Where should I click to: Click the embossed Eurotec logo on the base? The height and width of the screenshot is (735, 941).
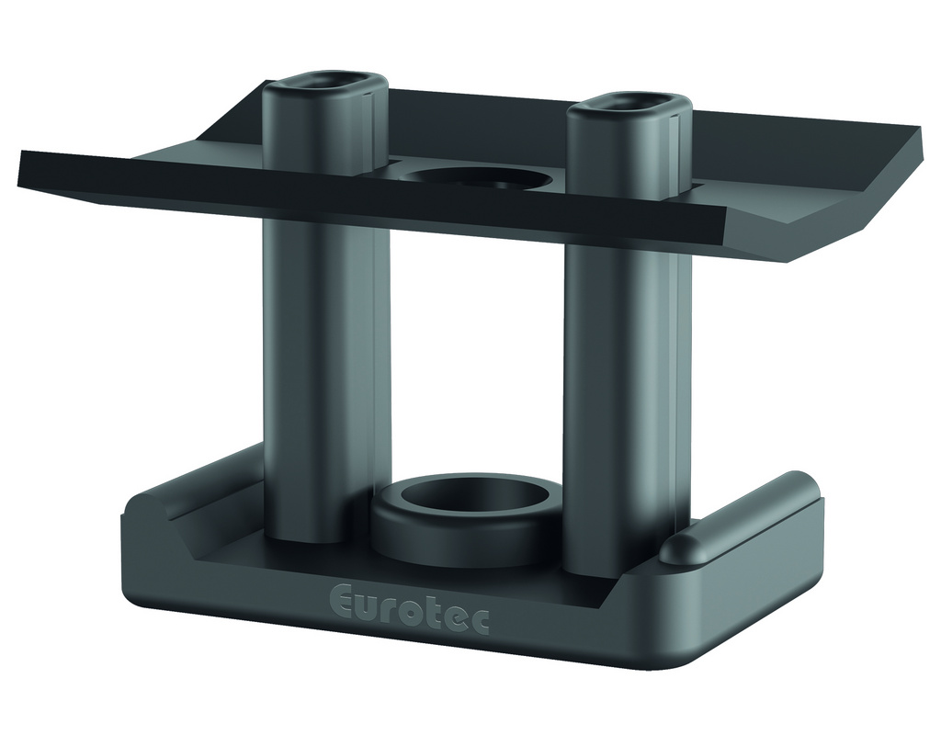(x=409, y=609)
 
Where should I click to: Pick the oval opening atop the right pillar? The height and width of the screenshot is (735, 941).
(x=629, y=104)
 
